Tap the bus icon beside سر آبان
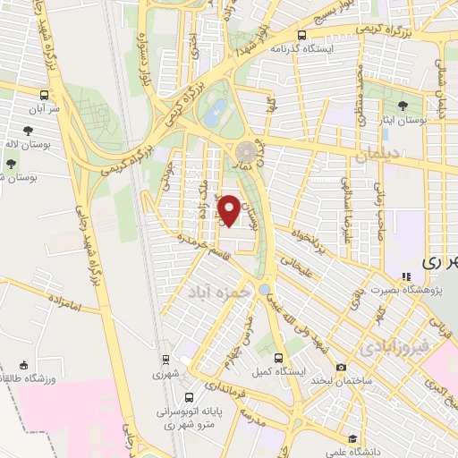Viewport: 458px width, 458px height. [x=45, y=93]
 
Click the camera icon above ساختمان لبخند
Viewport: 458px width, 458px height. [x=341, y=367]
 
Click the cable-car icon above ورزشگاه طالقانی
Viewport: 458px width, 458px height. [x=23, y=365]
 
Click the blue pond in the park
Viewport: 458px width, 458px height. [x=216, y=113]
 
